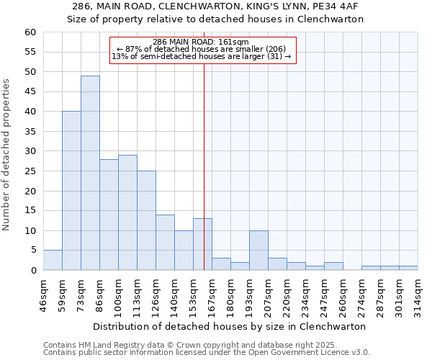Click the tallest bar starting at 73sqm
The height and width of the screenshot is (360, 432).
click(x=90, y=173)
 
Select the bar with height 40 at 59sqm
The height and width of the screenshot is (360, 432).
click(x=71, y=191)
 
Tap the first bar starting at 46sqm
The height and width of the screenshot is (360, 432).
click(x=53, y=260)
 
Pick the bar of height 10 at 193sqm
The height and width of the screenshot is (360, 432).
click(x=258, y=251)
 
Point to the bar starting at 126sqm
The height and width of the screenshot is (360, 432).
click(x=165, y=242)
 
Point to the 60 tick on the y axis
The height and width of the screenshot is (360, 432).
click(x=30, y=32)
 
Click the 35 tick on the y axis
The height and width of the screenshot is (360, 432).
click(x=30, y=132)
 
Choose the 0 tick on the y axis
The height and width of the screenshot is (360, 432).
click(x=33, y=271)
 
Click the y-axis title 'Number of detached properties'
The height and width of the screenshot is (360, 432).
click(x=6, y=155)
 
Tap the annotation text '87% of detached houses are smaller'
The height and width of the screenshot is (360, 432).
click(x=201, y=49)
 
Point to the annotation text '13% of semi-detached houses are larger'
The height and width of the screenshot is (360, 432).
click(x=201, y=56)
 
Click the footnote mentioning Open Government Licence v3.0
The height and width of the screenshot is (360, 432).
click(x=207, y=353)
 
